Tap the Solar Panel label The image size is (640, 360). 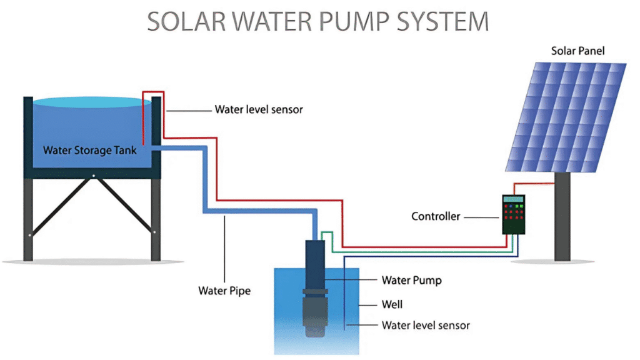click(x=577, y=51)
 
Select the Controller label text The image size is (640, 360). click(x=436, y=216)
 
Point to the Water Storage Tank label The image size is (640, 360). click(x=89, y=150)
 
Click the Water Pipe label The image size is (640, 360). click(x=224, y=291)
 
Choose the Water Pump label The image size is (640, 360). click(x=411, y=280)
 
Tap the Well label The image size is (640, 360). click(x=392, y=304)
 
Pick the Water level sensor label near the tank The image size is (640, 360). click(x=259, y=109)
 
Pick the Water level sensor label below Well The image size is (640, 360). click(x=425, y=325)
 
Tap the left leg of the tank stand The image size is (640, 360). click(x=28, y=219)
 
